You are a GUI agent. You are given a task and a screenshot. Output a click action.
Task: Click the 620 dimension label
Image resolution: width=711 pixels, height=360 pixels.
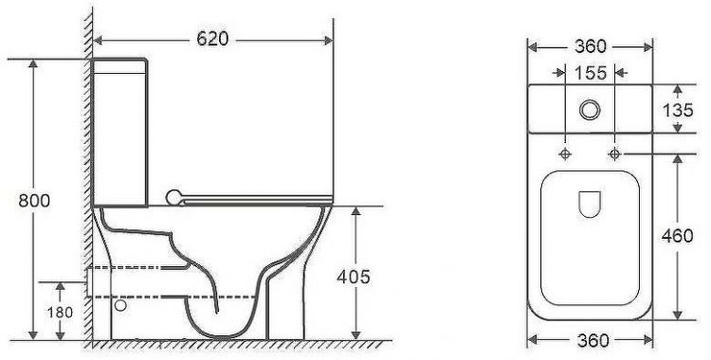(212, 39)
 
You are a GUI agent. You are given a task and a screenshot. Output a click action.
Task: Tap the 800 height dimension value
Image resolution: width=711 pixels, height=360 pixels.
(34, 200)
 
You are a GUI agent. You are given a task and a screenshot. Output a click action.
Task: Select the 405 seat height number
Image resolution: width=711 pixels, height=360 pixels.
(354, 277)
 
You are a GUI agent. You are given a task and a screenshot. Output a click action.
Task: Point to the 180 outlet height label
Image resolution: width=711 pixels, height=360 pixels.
(60, 313)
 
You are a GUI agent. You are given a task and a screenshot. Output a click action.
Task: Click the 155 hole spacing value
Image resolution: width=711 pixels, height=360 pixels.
(591, 73)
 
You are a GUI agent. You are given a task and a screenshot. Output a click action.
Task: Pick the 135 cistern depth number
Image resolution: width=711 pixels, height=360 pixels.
(678, 110)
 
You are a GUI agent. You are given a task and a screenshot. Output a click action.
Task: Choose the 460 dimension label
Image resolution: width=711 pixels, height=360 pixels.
(678, 236)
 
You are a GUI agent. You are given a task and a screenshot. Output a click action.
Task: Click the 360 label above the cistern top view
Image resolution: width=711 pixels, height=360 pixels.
(591, 46)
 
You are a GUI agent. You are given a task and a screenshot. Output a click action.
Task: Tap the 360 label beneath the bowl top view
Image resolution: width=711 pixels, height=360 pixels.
(591, 340)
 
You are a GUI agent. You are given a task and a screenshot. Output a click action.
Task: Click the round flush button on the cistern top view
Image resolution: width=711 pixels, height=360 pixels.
(590, 110)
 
